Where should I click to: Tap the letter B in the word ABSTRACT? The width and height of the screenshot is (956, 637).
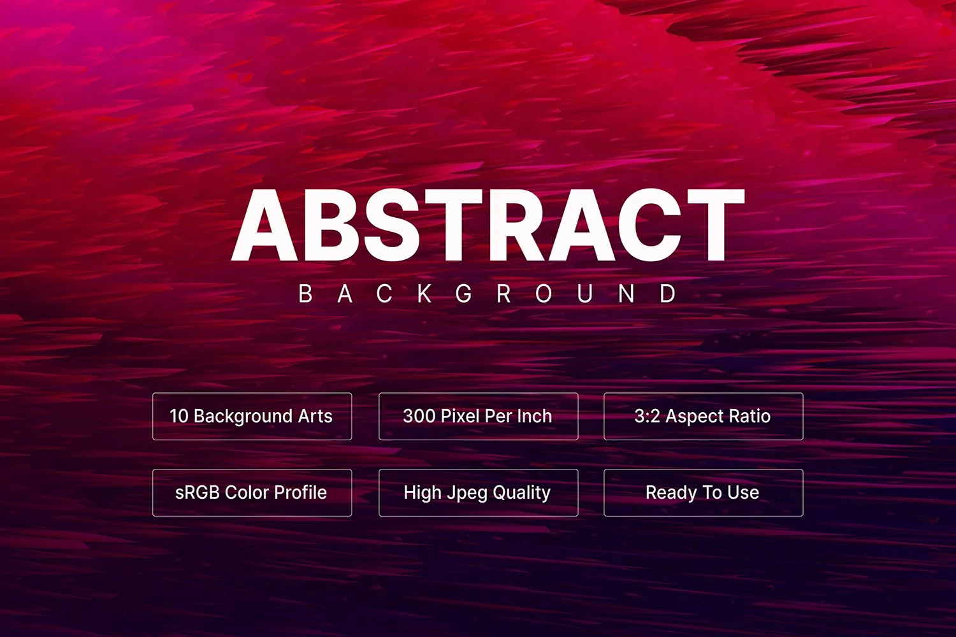tap(330, 225)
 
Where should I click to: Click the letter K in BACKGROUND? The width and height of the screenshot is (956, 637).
tap(424, 294)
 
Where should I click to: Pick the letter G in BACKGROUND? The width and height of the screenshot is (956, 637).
tap(464, 294)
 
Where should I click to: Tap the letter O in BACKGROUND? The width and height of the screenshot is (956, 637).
tap(544, 294)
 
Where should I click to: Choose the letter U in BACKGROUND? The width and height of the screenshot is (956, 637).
tap(584, 294)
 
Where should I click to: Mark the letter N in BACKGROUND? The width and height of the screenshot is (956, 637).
tap(626, 294)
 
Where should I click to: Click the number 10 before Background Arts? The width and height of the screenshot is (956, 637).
tap(179, 417)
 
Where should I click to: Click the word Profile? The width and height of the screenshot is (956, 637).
tap(300, 493)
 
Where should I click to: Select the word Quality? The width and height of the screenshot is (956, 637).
tap(521, 494)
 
